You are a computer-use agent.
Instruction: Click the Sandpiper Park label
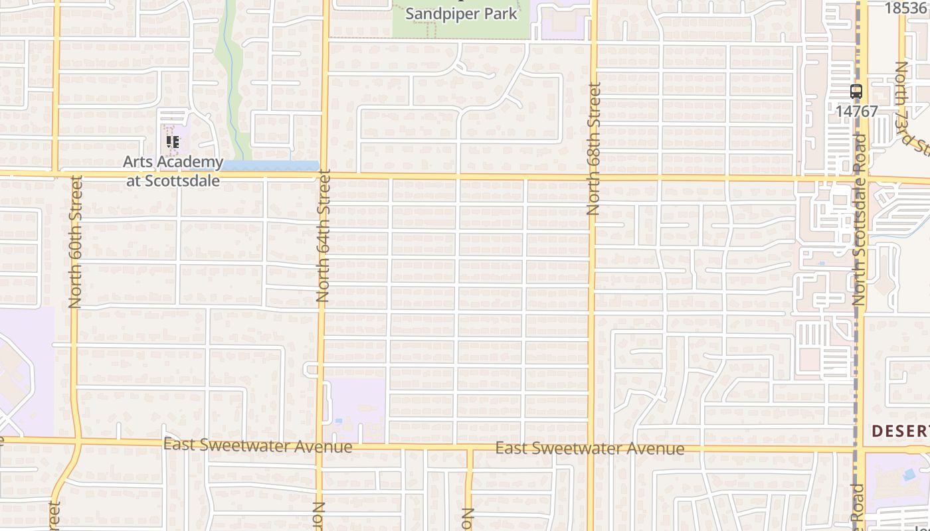[461, 14]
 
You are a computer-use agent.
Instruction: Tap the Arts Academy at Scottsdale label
[173, 171]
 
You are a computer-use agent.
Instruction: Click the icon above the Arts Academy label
[173, 142]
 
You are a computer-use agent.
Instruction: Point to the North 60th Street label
[75, 242]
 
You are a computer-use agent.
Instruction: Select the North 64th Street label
[324, 236]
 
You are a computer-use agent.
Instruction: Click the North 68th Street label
[593, 149]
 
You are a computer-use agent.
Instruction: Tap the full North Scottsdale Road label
[860, 219]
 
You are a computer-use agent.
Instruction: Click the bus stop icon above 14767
[856, 92]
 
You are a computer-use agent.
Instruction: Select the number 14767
[856, 112]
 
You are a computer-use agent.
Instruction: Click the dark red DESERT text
[900, 431]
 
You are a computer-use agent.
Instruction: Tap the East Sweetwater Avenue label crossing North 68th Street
[590, 449]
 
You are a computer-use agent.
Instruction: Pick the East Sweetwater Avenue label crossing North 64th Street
[258, 445]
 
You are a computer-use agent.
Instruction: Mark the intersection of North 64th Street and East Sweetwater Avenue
[320, 446]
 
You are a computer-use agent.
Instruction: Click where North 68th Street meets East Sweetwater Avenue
[590, 450]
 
